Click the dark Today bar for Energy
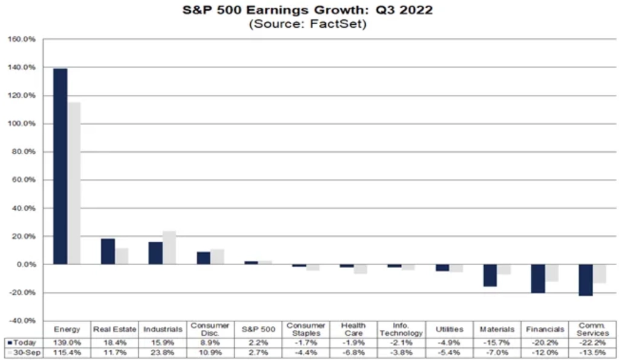tap(60, 166)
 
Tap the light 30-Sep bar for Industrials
tap(169, 248)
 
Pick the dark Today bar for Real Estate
tap(108, 251)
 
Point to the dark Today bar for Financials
tap(538, 278)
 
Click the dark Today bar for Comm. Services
tap(585, 280)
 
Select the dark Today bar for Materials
tap(490, 275)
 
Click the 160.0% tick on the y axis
tap(23, 39)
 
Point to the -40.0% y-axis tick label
tap(23, 321)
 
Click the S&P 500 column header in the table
tap(258, 330)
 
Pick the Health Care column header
tap(353, 330)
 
